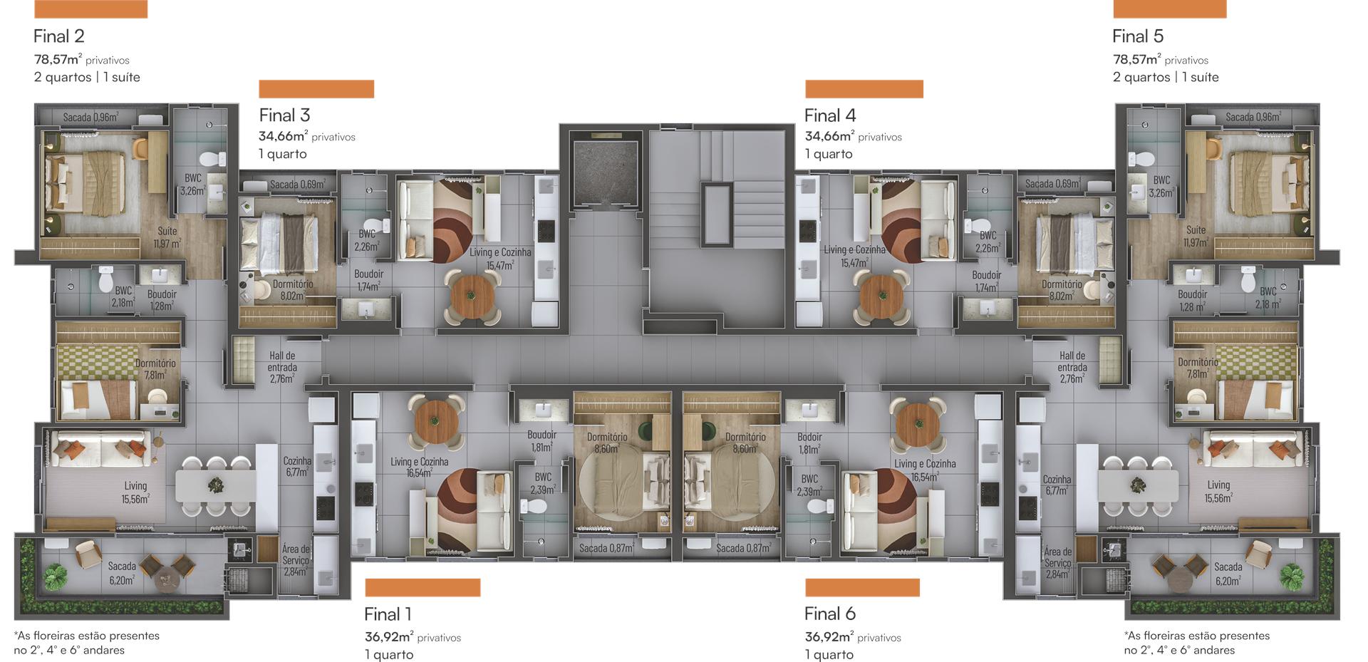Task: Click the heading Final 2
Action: coord(59,36)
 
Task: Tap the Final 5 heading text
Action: coord(1138,36)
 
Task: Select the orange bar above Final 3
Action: coord(316,89)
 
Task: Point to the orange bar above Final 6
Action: coord(862,587)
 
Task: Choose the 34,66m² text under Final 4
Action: coord(829,136)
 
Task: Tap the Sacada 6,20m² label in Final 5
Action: coord(1228,574)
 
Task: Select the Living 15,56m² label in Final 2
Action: coord(135,492)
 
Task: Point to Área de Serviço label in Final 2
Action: coord(296,560)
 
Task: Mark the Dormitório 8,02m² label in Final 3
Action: coord(293,290)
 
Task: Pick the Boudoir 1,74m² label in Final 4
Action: coord(986,281)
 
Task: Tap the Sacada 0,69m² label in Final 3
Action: coord(298,185)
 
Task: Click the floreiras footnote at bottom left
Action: coord(86,643)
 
